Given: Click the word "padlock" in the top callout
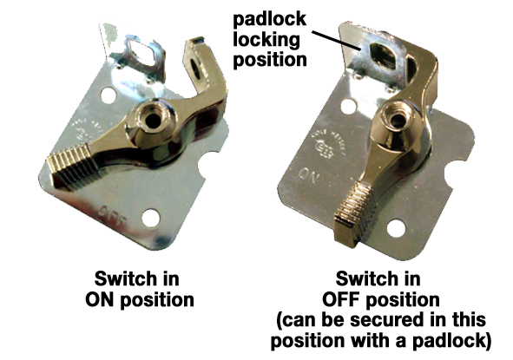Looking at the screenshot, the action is click(x=270, y=20).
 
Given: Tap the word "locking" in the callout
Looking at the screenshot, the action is click(x=266, y=40).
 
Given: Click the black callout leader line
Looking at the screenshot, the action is click(x=336, y=41).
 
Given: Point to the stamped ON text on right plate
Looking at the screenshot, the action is click(x=308, y=175).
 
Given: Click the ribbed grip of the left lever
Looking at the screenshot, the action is click(x=72, y=166).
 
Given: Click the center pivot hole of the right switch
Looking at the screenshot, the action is click(x=398, y=121).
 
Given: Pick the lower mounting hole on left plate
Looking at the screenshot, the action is click(x=151, y=218).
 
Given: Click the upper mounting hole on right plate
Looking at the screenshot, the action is click(x=348, y=107).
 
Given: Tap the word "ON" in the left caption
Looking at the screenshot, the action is click(x=101, y=299).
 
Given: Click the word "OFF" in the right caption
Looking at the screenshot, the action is click(x=341, y=299).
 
